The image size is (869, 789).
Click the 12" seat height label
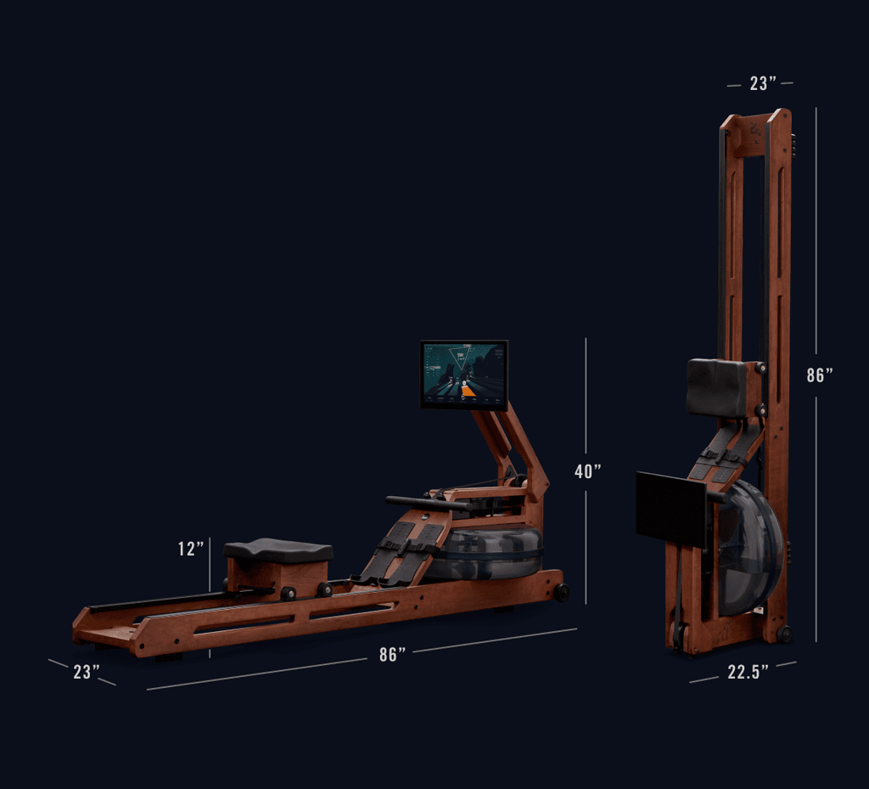click(x=191, y=549)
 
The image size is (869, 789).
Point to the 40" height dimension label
click(x=587, y=471)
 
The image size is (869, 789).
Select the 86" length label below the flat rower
click(x=392, y=654)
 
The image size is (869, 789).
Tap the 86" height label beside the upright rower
click(x=820, y=375)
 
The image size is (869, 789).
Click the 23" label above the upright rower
click(x=763, y=83)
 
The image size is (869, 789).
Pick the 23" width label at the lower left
click(x=87, y=672)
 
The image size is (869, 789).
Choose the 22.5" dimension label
click(x=748, y=672)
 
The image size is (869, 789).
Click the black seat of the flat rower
click(x=278, y=550)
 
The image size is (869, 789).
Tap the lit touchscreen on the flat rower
click(x=464, y=375)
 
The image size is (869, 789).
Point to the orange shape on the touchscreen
click(x=468, y=392)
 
